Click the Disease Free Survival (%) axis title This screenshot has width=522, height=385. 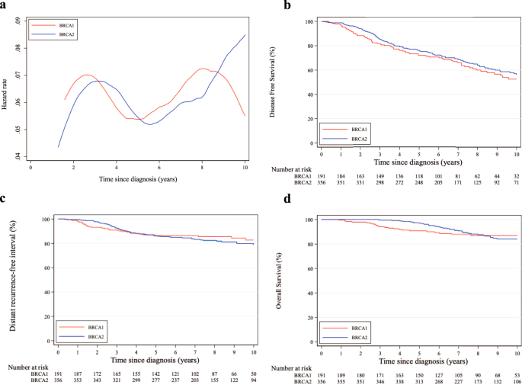coord(293,82)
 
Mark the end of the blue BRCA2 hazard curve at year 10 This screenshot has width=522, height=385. coord(245,34)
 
